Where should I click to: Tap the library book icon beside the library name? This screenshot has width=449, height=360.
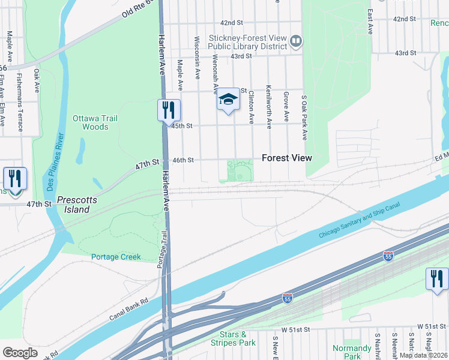pyautogui.click(x=295, y=41)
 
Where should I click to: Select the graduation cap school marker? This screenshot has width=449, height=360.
pyautogui.click(x=228, y=100)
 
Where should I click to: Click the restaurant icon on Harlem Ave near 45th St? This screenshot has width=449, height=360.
pyautogui.click(x=168, y=111)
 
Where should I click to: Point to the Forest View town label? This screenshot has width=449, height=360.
pyautogui.click(x=287, y=158)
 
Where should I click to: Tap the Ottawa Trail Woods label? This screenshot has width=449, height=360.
pyautogui.click(x=91, y=122)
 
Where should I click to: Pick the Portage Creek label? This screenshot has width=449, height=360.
pyautogui.click(x=116, y=257)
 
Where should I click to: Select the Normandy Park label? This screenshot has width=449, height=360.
pyautogui.click(x=352, y=352)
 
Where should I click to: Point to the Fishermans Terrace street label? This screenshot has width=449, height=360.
pyautogui.click(x=20, y=103)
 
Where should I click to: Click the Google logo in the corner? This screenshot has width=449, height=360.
pyautogui.click(x=20, y=353)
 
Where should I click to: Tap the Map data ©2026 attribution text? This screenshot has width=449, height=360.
pyautogui.click(x=423, y=355)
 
